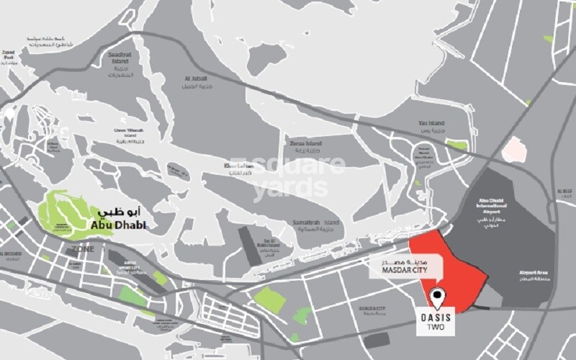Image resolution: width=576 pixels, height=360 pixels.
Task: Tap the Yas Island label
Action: click(433, 123)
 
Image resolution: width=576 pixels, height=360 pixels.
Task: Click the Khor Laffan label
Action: click(235, 169)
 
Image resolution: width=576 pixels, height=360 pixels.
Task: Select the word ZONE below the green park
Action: click(84, 248)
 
